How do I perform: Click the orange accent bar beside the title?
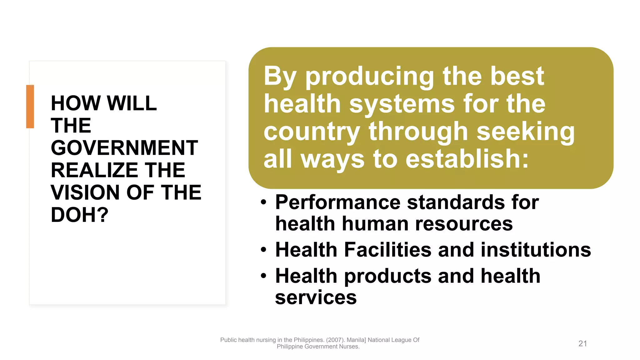30,107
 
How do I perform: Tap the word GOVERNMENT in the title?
124,148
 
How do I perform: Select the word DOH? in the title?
79,215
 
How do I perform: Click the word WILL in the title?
132,103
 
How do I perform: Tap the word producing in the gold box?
370,77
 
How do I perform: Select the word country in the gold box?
312,132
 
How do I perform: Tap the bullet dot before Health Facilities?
264,250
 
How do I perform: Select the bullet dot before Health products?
264,276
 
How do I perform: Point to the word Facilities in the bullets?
387,250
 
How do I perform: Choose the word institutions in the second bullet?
536,250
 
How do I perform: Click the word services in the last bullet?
316,297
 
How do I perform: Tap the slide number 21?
582,343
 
